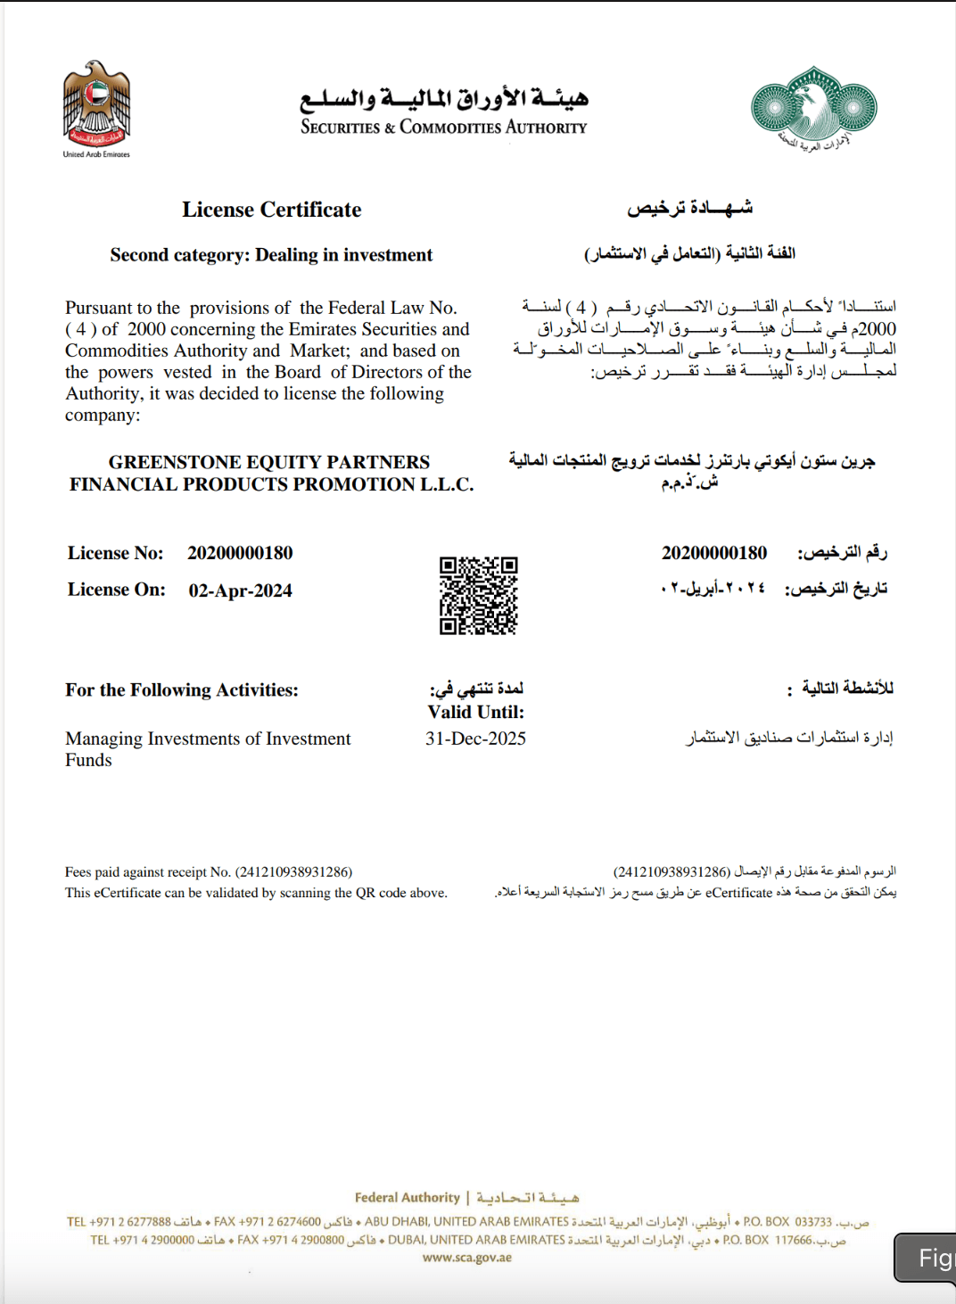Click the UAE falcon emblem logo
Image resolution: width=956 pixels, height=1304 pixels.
[96, 105]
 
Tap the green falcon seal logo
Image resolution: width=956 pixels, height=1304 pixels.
[812, 106]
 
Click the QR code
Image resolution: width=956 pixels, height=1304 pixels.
[478, 595]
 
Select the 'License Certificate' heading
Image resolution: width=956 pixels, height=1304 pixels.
[271, 210]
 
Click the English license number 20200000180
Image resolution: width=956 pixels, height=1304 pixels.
[240, 553]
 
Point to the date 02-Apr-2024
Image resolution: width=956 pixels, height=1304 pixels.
[240, 590]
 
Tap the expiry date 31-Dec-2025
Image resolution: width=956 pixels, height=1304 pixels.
[475, 739]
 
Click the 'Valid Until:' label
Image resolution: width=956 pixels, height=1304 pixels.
[475, 712]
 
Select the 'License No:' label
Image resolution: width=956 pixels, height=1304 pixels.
[115, 553]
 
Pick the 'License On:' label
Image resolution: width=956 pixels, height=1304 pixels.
[116, 590]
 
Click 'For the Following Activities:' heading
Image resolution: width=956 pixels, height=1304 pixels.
[181, 689]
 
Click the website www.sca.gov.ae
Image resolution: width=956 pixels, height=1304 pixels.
[467, 1258]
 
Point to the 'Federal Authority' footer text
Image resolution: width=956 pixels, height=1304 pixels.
[407, 1197]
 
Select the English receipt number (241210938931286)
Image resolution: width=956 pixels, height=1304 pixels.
[293, 872]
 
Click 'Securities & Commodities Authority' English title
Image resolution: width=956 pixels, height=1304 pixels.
[443, 128]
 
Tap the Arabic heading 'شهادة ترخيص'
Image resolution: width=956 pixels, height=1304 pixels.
[689, 208]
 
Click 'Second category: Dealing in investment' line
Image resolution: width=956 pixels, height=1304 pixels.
[271, 255]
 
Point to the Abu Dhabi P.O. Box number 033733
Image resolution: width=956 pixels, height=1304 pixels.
[812, 1222]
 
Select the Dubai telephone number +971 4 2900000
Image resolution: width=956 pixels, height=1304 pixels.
[142, 1240]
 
